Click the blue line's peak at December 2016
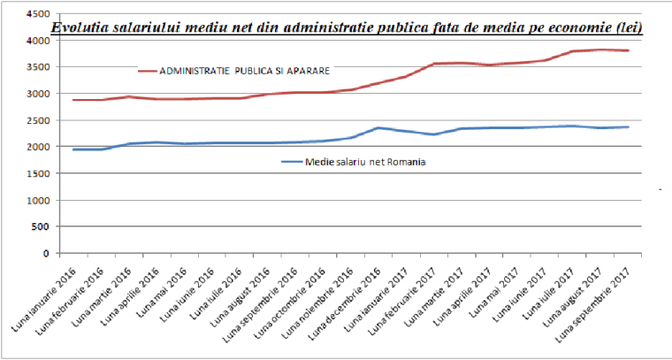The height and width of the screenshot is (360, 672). [x=378, y=128]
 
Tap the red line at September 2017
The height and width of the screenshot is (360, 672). [x=629, y=50]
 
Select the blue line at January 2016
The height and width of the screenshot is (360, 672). [x=73, y=149]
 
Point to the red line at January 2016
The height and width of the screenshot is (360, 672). [x=73, y=100]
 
